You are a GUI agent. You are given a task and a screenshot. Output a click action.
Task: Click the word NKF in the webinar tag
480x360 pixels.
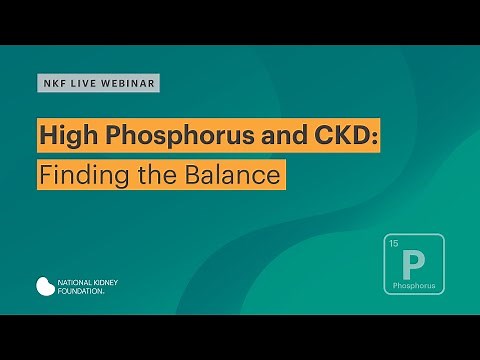pos(52,83)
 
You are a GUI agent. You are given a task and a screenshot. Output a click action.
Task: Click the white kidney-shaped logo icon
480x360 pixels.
pos(46,286)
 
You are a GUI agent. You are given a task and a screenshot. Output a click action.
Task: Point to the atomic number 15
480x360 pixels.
pos(393,244)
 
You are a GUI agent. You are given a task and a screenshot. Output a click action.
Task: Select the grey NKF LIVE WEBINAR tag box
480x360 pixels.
pos(98,83)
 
